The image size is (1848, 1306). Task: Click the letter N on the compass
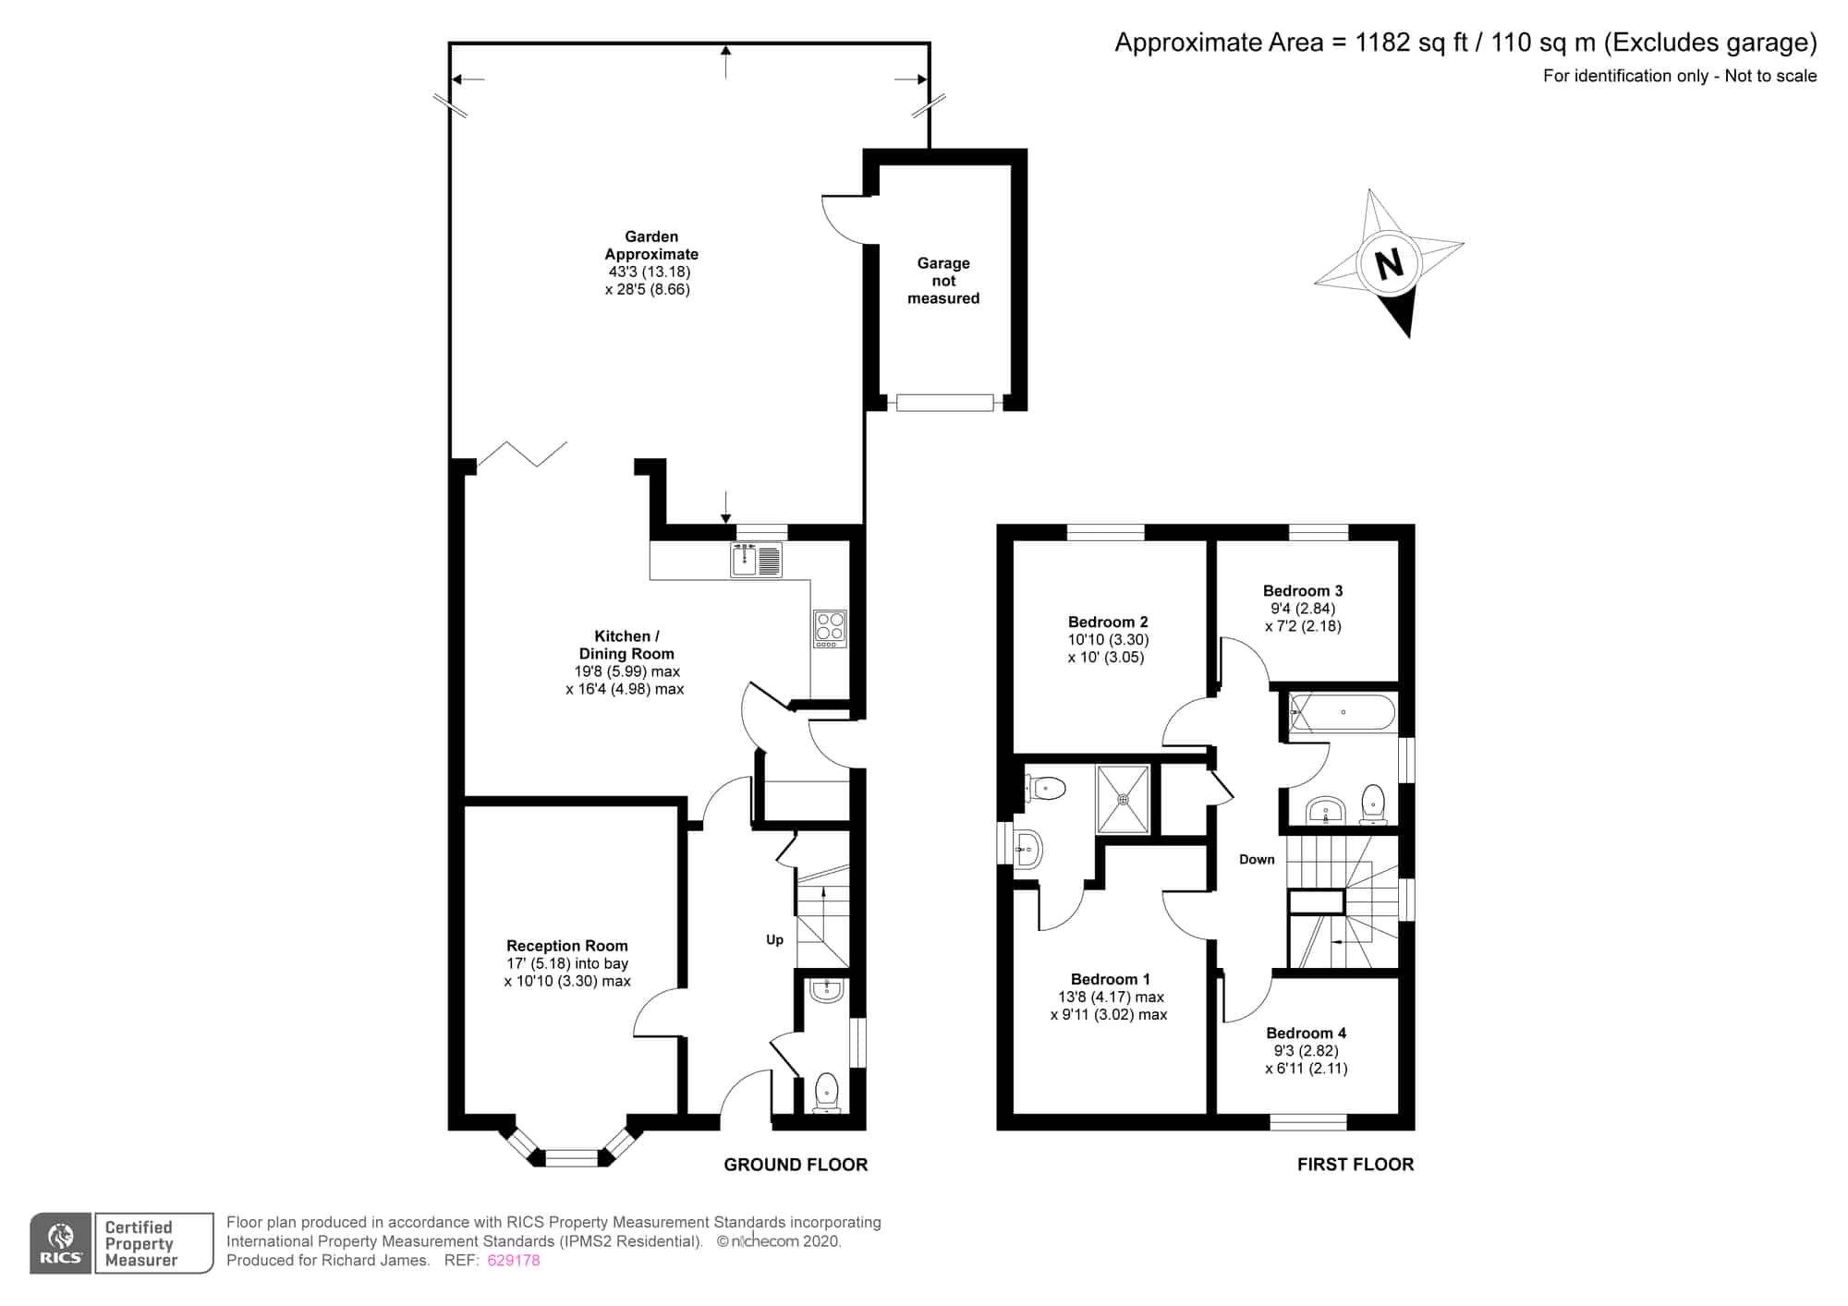[1390, 265]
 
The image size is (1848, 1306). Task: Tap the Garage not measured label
[943, 281]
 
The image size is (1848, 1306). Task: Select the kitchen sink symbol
[756, 560]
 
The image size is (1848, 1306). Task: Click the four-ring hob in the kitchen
[830, 628]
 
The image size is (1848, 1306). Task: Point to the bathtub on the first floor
[1343, 712]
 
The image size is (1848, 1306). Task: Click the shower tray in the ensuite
[1124, 799]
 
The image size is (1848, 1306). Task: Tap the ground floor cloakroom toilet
[826, 1093]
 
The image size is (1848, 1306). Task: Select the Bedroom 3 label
[1303, 591]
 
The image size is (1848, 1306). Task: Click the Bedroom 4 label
[1306, 1034]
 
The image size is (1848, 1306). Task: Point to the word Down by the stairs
[1257, 860]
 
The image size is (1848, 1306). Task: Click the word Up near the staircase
[774, 940]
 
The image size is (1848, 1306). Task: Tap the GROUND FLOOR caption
[796, 1165]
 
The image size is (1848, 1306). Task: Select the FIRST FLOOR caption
[1356, 1165]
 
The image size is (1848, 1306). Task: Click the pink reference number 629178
[514, 1261]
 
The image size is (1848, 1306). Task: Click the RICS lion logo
[61, 1243]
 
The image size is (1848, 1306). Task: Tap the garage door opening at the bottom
[944, 403]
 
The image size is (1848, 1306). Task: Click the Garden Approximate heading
[651, 246]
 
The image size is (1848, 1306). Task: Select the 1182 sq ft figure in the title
[1411, 43]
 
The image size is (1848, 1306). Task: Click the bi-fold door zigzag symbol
[522, 453]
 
